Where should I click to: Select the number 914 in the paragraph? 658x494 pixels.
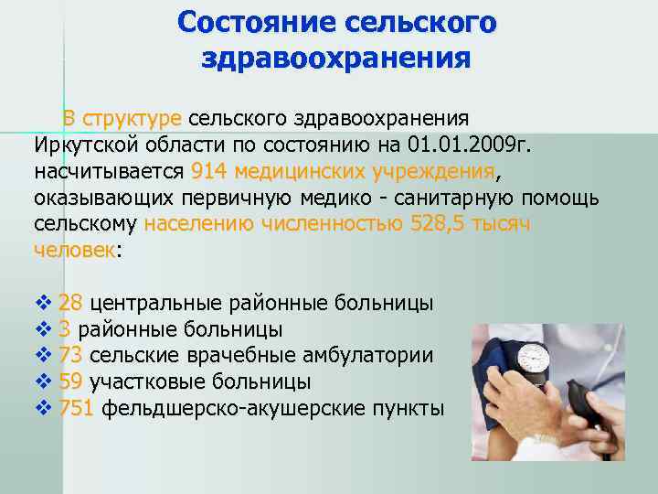point(211,171)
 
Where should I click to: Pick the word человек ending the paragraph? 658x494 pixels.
point(74,249)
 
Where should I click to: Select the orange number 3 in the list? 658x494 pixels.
point(64,329)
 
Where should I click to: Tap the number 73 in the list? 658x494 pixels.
point(70,356)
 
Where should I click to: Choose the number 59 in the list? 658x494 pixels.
point(70,381)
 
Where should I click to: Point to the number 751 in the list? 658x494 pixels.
point(76,408)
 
